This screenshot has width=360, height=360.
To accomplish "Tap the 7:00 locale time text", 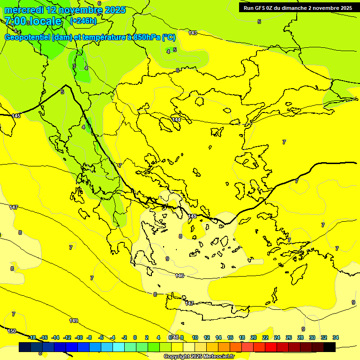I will click(33, 21).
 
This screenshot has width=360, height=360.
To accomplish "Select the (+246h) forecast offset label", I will click(83, 21).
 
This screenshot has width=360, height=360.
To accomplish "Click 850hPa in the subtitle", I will click(146, 37).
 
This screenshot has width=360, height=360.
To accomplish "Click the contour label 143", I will click(193, 33).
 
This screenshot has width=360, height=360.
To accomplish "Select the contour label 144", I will click(176, 120).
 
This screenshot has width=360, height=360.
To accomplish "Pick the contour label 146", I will click(180, 276).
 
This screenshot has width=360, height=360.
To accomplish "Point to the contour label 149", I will click(74, 321).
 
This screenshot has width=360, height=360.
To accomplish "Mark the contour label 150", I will click(12, 331).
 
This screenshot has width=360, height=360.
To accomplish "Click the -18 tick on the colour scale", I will click(32, 337).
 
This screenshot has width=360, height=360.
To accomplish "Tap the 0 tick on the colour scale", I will click(135, 337).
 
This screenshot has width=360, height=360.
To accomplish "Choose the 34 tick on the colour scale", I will click(336, 337).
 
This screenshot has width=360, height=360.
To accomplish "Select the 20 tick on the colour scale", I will click(253, 337).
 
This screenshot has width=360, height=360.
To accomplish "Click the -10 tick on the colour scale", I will click(79, 337).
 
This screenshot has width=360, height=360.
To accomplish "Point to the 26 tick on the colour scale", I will click(288, 337).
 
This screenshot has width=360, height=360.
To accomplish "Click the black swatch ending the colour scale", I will click(330, 347).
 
